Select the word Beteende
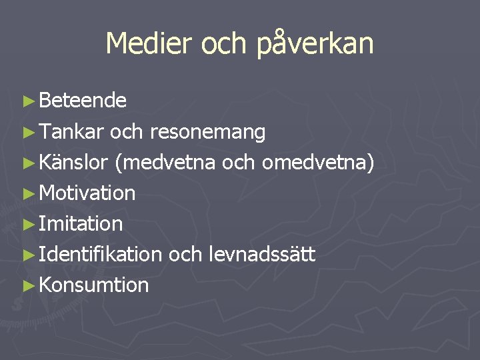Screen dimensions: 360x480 click(x=83, y=101)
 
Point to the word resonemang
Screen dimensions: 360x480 click(x=208, y=133)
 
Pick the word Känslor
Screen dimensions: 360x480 click(x=74, y=162)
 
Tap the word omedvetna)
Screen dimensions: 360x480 click(x=317, y=163)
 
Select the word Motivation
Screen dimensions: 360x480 click(x=87, y=193)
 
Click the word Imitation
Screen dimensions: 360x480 click(x=81, y=224)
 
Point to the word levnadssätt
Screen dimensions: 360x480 click(x=262, y=255)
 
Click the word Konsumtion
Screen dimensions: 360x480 click(x=94, y=285)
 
